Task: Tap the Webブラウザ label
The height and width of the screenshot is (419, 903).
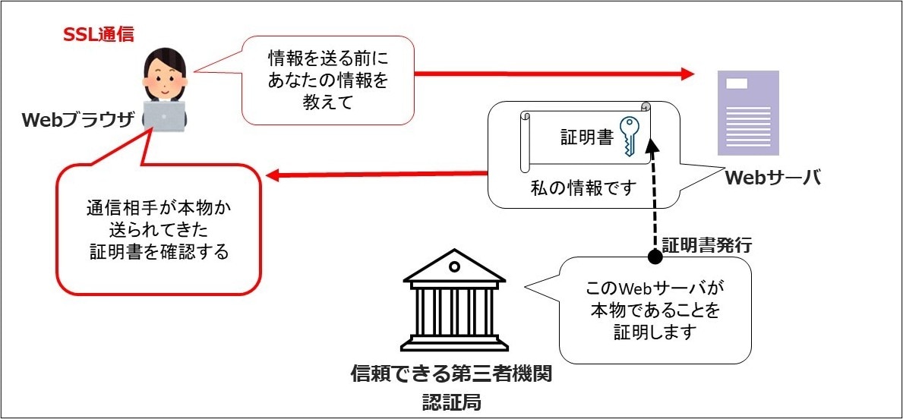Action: tap(77, 120)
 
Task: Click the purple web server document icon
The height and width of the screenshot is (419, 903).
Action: tap(748, 112)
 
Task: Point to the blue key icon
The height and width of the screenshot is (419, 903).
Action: tap(630, 137)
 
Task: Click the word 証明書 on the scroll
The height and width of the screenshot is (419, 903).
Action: tap(586, 138)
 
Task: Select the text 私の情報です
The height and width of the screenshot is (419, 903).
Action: tap(582, 188)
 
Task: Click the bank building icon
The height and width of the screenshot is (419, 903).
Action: tap(454, 303)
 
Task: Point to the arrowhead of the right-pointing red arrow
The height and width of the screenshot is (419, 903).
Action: tap(688, 74)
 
